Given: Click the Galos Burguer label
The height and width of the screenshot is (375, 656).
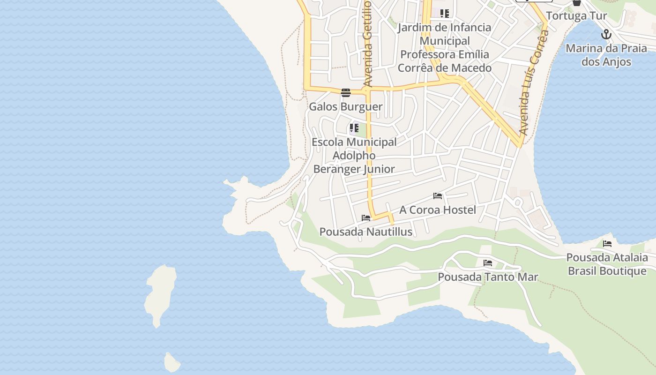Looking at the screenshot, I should coord(345,106).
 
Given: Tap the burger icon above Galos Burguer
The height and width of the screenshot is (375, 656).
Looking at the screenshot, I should coord(346,92).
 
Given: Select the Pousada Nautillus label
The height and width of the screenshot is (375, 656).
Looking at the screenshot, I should coord(365,232).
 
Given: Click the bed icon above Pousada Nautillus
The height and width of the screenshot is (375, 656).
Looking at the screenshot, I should coord(366,217).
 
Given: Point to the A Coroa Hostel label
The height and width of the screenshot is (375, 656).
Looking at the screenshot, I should coord(437,210).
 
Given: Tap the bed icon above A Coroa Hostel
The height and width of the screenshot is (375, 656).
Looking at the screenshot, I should coord(438,195).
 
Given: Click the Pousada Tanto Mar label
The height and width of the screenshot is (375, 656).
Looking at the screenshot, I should coord(488,277).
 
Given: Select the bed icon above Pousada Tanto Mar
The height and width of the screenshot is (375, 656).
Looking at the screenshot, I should coord(488,262).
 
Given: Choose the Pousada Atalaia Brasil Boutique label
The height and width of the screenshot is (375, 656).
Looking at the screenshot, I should coord(607,264).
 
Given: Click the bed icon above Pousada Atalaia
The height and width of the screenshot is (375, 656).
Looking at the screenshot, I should coord(607,243).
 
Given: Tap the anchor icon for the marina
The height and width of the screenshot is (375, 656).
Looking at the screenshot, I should coord(606,34).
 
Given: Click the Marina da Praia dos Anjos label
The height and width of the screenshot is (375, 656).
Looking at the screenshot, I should coord(606,55).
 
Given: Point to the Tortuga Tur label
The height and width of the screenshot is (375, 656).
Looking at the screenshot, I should coord(576,15).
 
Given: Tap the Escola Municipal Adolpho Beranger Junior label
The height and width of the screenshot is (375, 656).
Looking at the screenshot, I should coord(354,155).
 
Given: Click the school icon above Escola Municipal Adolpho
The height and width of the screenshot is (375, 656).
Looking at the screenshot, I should coord(354,127).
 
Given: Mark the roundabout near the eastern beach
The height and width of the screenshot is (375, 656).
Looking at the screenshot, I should coord(518,202).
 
